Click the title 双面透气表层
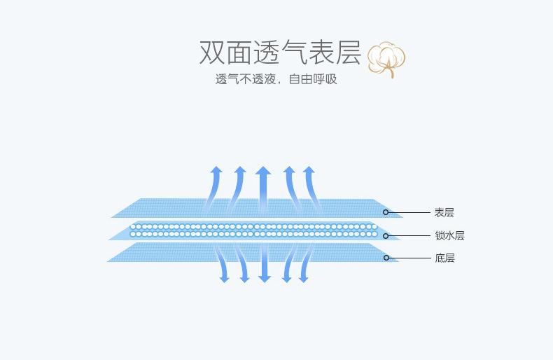pos(281,53)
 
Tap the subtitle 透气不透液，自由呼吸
pos(276,79)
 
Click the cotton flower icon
pos(386,60)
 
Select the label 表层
pos(444,212)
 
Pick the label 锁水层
pos(449,235)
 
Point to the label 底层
pos(444,258)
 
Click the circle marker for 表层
pos(386,212)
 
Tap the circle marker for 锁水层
pos(386,235)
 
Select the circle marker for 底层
pos(386,258)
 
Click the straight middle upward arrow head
pos(263,170)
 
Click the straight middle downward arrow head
pos(264,278)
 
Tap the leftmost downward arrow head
pos(224,279)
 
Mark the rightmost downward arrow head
pos(304,279)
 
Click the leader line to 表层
pos(409,212)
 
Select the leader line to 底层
pos(409,258)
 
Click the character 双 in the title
pos(212,53)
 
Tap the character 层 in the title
pos(349,53)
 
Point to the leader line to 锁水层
pos(409,235)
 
